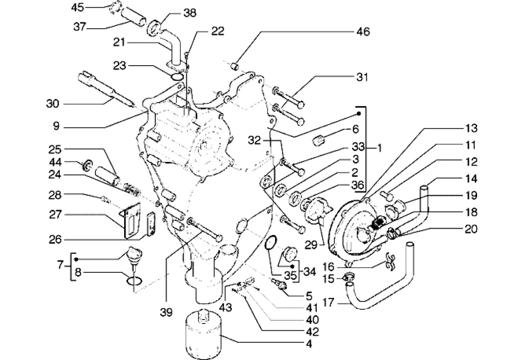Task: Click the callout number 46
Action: [x=363, y=32]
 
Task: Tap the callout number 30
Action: [x=52, y=104]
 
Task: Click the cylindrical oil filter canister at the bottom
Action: [x=205, y=335]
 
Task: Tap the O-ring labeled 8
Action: [x=134, y=281]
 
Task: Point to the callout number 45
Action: [x=78, y=8]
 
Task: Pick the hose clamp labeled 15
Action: [x=349, y=276]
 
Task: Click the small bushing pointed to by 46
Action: [x=234, y=67]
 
